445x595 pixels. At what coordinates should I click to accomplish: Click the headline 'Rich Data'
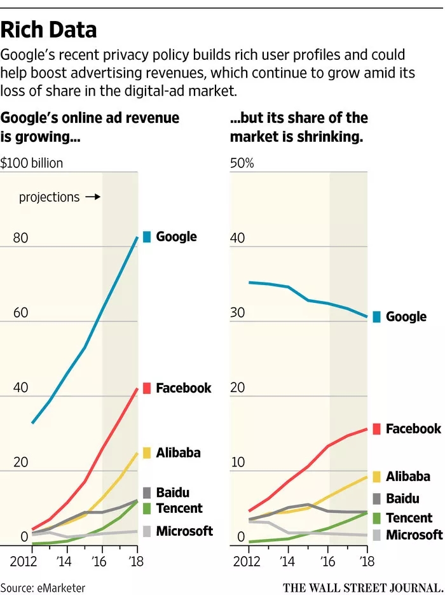click(49, 29)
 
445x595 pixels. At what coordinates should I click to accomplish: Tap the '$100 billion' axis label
click(32, 163)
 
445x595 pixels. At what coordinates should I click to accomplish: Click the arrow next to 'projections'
click(93, 197)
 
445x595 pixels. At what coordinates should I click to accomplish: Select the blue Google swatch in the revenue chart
click(147, 237)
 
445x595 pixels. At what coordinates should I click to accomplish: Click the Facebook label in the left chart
click(184, 388)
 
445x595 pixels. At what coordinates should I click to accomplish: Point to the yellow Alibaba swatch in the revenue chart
click(147, 453)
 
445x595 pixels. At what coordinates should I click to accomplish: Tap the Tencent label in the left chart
click(179, 508)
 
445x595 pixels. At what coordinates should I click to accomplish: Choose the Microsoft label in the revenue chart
click(184, 531)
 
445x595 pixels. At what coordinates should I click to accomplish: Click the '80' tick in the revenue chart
click(20, 239)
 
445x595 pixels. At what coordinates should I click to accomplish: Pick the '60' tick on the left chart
click(20, 313)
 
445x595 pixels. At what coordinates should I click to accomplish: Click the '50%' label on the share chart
click(242, 163)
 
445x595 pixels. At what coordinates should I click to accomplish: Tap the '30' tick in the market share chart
click(237, 313)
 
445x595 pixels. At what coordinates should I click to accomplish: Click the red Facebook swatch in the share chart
click(376, 429)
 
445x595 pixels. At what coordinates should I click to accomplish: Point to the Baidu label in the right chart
click(402, 499)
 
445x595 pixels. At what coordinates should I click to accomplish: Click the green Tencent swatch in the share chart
click(376, 518)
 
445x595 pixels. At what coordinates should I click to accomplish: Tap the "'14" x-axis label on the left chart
click(64, 562)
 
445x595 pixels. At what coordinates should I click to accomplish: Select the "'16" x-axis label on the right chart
click(328, 562)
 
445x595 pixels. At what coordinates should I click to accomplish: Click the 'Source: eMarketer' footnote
click(43, 587)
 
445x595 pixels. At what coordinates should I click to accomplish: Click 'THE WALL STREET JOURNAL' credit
click(363, 587)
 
